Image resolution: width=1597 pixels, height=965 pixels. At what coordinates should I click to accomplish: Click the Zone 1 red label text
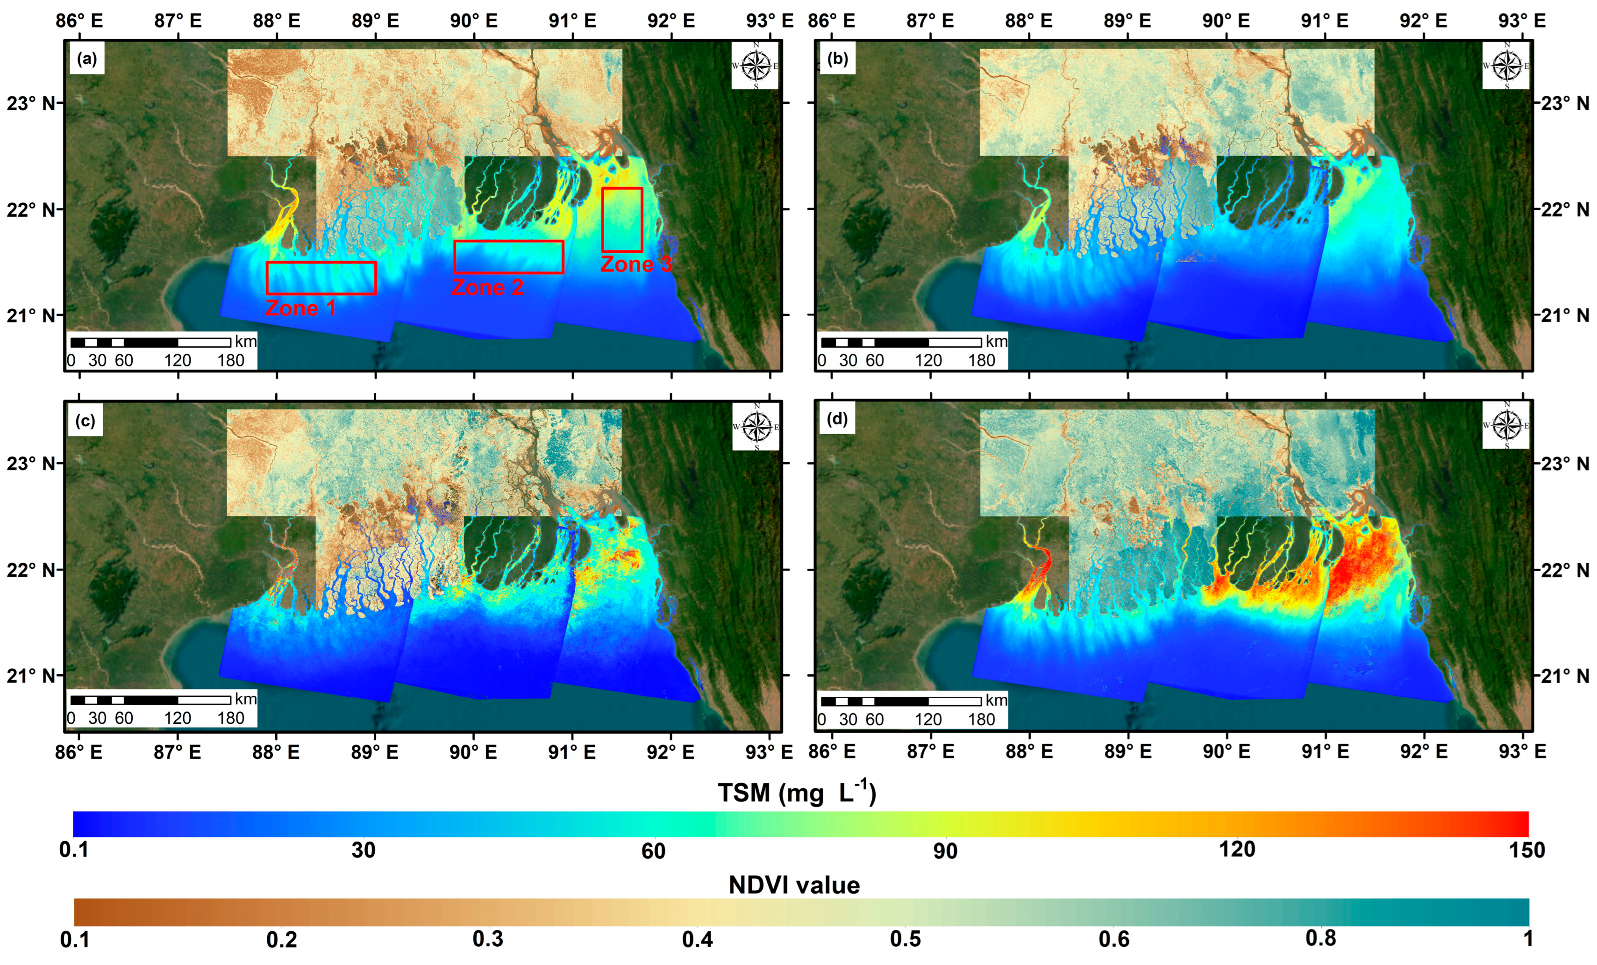click(301, 308)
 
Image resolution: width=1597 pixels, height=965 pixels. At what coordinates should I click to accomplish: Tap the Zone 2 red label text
click(487, 287)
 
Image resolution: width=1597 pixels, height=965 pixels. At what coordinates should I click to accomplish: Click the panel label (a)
click(87, 59)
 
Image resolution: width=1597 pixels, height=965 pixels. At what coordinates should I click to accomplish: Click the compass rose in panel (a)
click(755, 65)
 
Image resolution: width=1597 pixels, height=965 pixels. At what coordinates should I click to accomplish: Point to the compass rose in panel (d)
click(1505, 426)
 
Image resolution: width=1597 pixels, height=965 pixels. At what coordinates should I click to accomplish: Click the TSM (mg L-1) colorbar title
click(797, 792)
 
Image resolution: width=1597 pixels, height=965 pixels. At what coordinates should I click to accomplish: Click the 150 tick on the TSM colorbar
click(1526, 850)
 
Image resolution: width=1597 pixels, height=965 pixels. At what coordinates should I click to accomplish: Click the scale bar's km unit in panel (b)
click(996, 342)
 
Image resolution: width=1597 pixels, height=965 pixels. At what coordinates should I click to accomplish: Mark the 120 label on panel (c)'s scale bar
click(177, 718)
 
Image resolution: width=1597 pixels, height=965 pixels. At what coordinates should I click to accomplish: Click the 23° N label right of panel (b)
click(1565, 104)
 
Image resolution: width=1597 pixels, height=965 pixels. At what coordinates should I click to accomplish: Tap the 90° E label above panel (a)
click(474, 21)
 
